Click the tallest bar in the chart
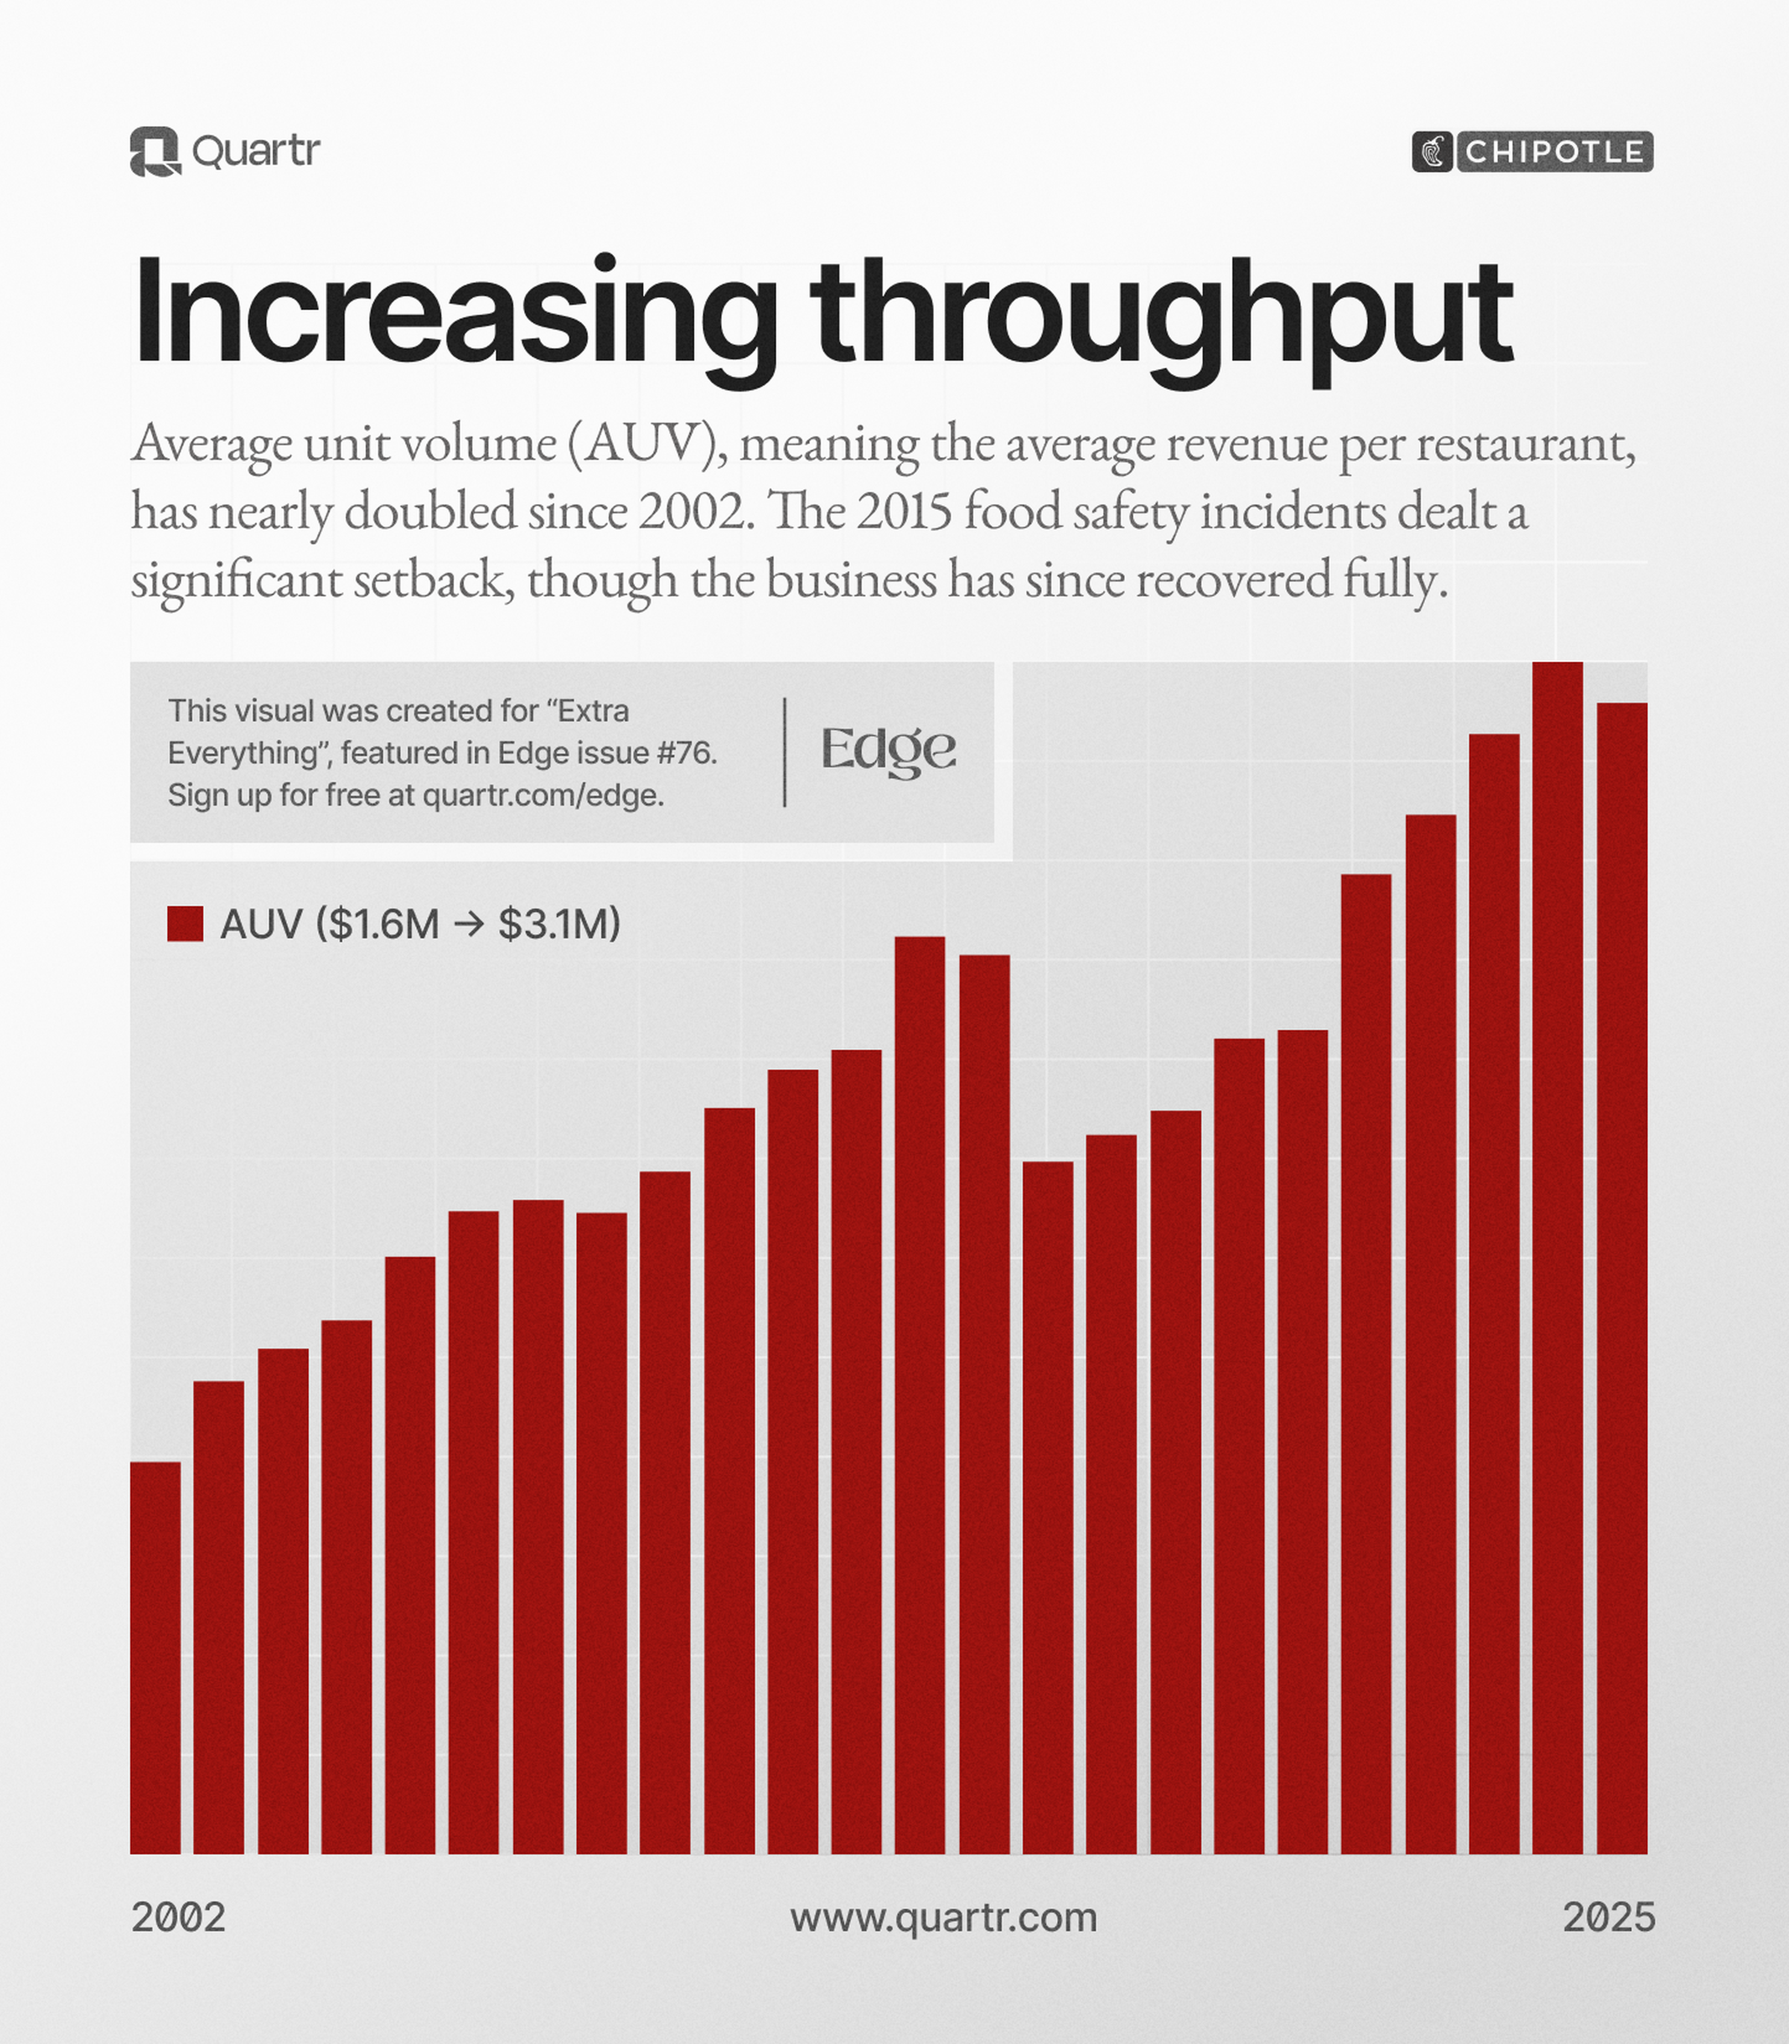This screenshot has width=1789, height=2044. [1557, 1258]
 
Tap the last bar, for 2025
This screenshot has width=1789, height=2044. [1622, 1279]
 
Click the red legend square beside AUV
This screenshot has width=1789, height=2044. [186, 924]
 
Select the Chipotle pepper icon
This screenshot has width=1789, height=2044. [1433, 152]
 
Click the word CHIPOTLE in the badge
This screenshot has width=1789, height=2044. [1554, 152]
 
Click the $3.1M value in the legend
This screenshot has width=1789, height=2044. [559, 924]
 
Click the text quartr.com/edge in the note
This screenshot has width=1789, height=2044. [543, 796]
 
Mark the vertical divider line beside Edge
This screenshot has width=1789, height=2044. [785, 751]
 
